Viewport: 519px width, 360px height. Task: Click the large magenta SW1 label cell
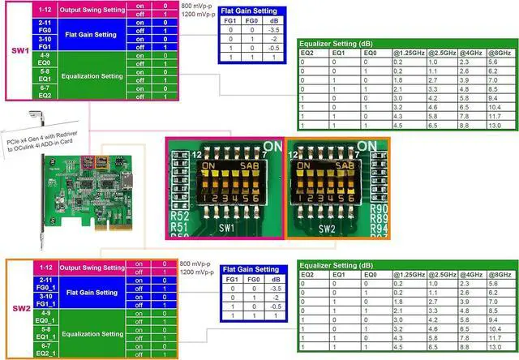coord(17,51)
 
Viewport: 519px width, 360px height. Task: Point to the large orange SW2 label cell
coord(17,306)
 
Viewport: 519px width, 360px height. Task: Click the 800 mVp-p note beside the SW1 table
coord(196,5)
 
